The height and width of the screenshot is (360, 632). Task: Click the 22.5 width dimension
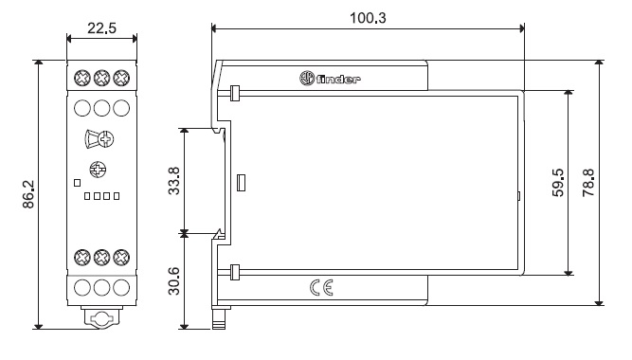[x=101, y=28]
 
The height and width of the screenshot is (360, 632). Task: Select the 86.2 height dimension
[x=28, y=194]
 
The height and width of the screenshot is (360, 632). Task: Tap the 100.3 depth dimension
[x=368, y=18]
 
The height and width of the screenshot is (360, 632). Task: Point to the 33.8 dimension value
[x=174, y=181]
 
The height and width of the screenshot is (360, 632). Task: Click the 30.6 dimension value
[x=174, y=281]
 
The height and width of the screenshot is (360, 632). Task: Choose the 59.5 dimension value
[x=558, y=183]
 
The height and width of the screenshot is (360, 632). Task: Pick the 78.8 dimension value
[x=588, y=183]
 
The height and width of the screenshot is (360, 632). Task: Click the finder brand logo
[x=330, y=79]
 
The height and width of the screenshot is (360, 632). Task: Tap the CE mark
[x=321, y=288]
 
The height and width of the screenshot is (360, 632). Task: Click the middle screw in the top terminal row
[x=101, y=78]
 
